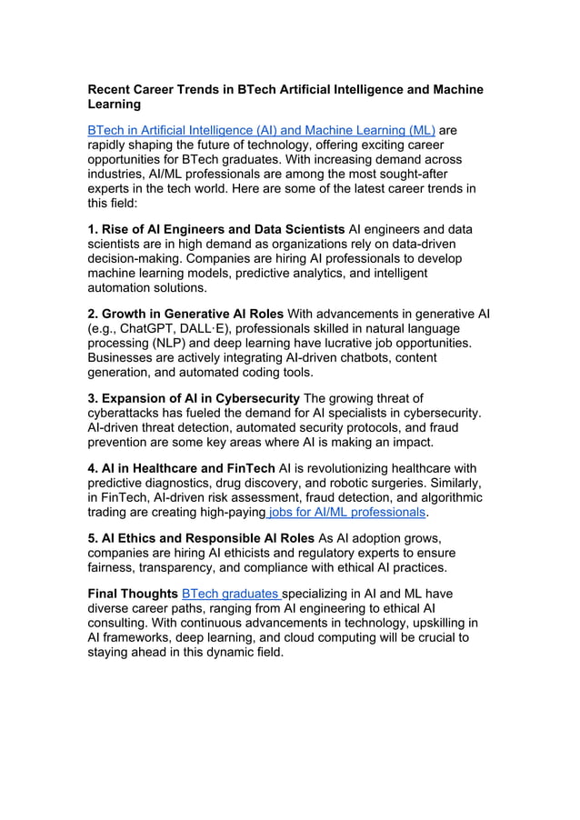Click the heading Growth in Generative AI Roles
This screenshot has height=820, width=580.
(x=185, y=314)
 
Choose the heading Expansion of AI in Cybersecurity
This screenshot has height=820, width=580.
(x=194, y=399)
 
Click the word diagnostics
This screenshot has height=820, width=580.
(x=179, y=483)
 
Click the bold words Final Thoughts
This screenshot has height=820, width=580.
(x=132, y=594)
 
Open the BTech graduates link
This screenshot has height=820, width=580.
(x=231, y=594)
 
